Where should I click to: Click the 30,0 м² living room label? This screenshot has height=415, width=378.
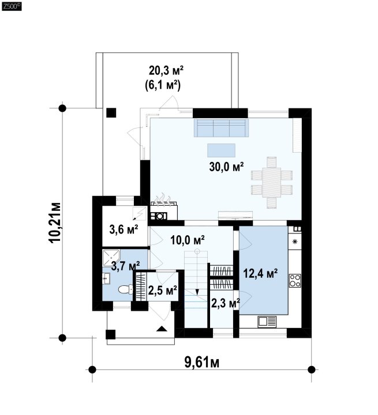coord(226,167)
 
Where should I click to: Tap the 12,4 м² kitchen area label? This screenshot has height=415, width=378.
coord(260,273)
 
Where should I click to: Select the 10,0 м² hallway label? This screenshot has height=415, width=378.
coord(187,240)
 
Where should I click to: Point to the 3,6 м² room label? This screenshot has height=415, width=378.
coord(124,229)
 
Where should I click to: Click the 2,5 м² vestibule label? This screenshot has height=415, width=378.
coord(163,290)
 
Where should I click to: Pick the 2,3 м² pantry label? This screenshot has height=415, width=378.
coord(226,303)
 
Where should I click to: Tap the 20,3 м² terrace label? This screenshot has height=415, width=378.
coord(166,71)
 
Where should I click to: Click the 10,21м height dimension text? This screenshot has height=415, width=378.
coord(55,222)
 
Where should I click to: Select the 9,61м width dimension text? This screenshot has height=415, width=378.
coord(202,363)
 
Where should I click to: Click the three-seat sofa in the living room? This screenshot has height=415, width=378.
coord(222,128)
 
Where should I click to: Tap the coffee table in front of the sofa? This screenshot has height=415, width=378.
coord(222,150)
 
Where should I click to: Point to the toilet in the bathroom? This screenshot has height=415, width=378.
coord(125,289)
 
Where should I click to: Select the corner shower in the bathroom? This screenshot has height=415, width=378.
coord(111,258)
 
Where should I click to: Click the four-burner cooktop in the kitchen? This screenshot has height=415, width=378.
coord(295,281)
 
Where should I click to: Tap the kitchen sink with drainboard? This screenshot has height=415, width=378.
coord(267,322)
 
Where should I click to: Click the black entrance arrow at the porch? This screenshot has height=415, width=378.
coord(162,329)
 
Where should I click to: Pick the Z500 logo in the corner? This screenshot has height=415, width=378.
coord(12,6)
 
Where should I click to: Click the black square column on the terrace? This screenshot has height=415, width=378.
coord(111,113)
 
